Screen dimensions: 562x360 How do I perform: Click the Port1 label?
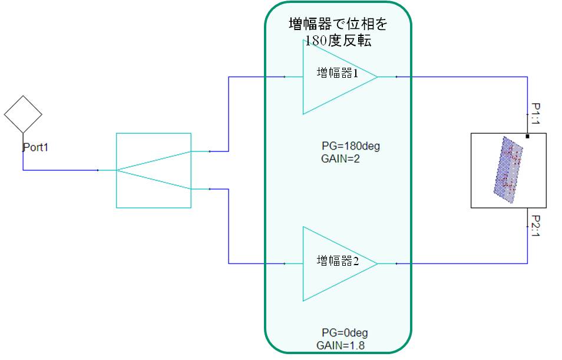[x=35, y=147]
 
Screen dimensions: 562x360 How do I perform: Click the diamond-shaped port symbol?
[x=23, y=114]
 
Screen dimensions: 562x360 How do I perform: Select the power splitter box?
[x=153, y=170]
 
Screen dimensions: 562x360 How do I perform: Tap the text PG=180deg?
[x=351, y=146]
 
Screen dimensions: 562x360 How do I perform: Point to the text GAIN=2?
[x=340, y=158]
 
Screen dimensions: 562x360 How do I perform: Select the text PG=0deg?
[x=345, y=333]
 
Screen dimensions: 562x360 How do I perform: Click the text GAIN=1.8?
[x=340, y=345]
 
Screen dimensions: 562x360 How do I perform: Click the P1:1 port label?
[x=535, y=114]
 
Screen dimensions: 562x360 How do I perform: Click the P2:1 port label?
[x=535, y=226]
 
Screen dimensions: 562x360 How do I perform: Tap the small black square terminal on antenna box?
[x=527, y=136]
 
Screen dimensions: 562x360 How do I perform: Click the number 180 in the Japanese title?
[x=315, y=41]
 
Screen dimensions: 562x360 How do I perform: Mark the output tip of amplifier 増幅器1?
[x=378, y=77]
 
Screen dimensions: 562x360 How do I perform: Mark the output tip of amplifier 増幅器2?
[x=378, y=263]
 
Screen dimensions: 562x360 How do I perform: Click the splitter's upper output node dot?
[x=210, y=151]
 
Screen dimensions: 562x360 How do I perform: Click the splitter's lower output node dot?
[x=210, y=189]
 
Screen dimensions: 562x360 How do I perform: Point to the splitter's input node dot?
[x=97, y=170]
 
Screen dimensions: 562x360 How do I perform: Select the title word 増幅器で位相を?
[x=338, y=24]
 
